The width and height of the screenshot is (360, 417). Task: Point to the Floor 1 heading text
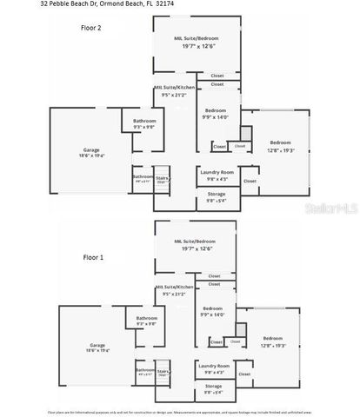point(92,258)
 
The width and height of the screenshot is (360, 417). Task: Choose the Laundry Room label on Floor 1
point(213,366)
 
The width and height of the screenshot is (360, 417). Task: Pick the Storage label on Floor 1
point(214,387)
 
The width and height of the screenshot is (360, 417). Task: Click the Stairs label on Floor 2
point(163,177)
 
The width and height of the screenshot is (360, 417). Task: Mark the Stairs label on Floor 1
point(163,371)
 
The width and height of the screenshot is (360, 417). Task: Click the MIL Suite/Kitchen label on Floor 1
point(173,287)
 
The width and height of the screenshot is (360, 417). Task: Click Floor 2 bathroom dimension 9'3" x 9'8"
point(144,127)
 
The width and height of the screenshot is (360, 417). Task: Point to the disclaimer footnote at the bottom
point(179,412)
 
